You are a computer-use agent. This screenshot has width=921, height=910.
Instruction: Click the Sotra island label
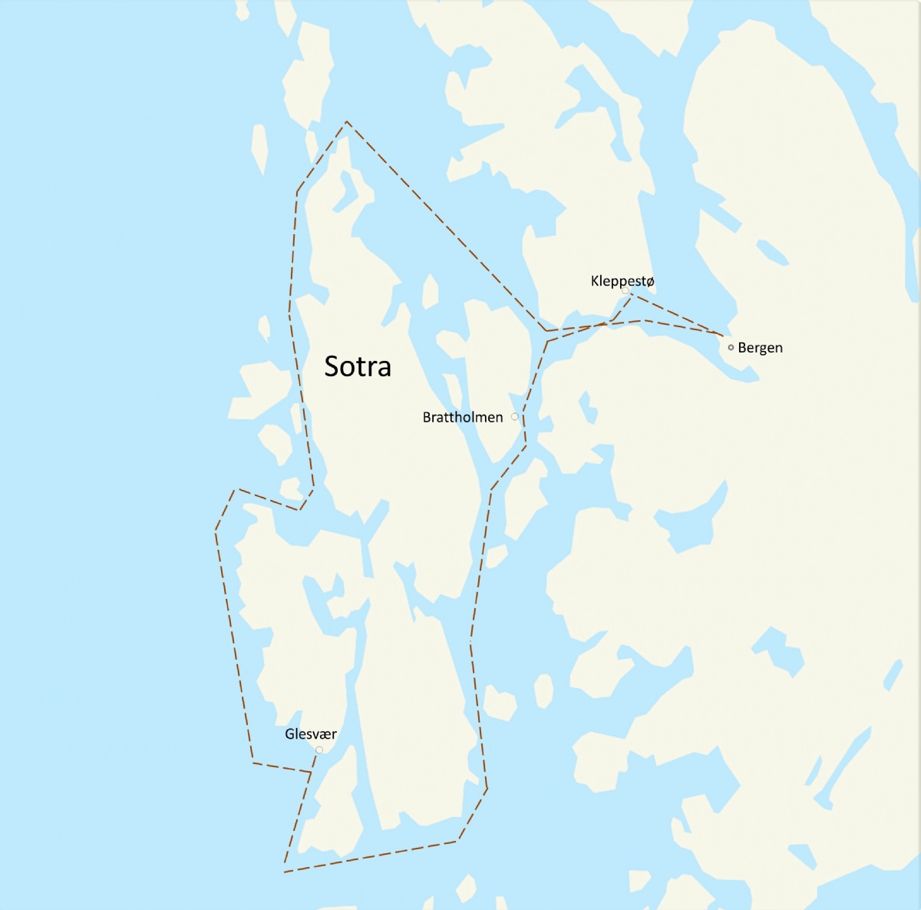(358, 366)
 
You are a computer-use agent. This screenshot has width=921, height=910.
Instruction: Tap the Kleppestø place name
(622, 281)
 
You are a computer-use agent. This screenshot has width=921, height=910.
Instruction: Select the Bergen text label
(760, 348)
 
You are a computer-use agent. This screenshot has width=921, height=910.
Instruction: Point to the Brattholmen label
(463, 417)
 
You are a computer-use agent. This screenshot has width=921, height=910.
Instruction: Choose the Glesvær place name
(311, 734)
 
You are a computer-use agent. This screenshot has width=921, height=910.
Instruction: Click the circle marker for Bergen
(731, 347)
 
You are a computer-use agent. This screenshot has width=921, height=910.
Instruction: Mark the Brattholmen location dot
(514, 416)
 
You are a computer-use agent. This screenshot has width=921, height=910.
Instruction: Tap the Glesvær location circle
(319, 750)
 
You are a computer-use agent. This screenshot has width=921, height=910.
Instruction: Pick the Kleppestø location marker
(626, 291)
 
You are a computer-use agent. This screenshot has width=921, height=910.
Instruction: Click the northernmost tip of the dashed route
(347, 121)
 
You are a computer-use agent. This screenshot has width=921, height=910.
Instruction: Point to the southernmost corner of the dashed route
(285, 872)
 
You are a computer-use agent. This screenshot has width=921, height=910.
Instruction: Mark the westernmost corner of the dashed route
(216, 529)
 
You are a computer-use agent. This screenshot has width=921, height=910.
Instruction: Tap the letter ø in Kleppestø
(651, 281)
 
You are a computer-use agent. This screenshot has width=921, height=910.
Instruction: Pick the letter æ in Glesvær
(325, 735)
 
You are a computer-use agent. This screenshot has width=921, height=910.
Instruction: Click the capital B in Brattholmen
(427, 417)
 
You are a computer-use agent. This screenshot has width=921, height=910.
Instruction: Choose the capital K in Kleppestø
(595, 281)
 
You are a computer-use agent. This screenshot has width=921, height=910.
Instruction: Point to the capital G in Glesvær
(289, 734)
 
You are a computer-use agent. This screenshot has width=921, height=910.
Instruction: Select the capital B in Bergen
(742, 348)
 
